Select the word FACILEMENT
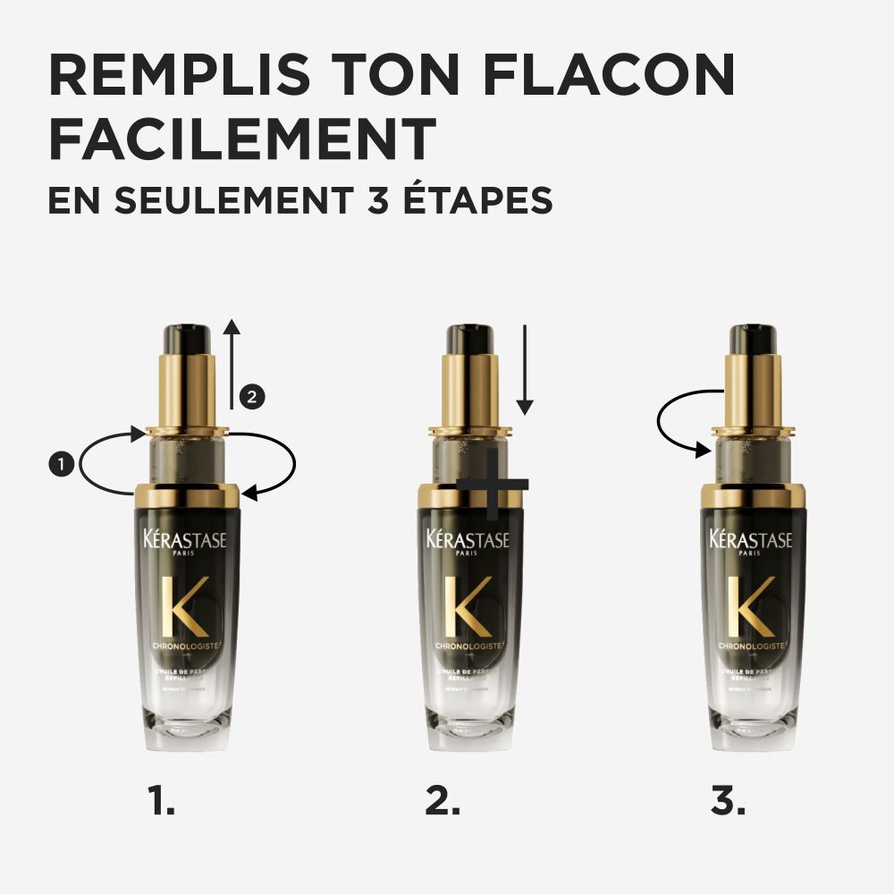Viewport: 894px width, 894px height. point(242,139)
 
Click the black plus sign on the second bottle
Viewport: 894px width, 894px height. point(493,485)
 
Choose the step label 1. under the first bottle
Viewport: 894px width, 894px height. point(162,801)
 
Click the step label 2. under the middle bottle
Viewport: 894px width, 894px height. point(443,801)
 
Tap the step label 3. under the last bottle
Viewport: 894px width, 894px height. point(728,801)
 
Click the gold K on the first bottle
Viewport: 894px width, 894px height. point(187,607)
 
